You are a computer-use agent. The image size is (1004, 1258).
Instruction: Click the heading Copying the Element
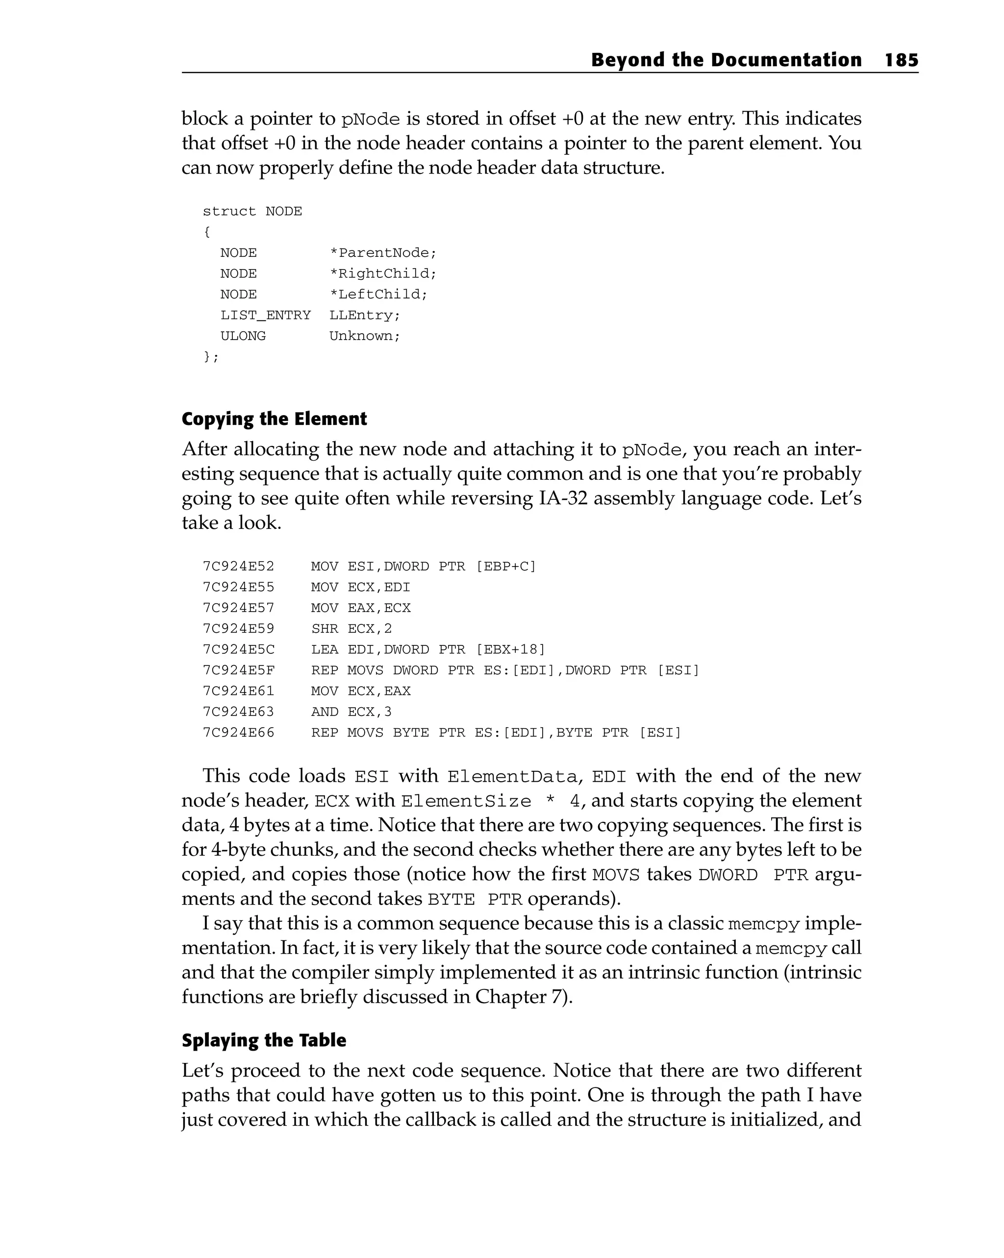click(x=275, y=419)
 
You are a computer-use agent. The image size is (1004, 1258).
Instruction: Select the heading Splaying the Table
click(x=264, y=1040)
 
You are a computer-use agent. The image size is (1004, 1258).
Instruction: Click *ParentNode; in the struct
click(x=383, y=253)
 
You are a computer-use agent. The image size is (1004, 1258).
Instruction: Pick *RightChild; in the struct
click(x=383, y=273)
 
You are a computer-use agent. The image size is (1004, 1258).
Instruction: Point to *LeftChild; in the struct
click(x=378, y=294)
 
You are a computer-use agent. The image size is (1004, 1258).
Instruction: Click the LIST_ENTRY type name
click(x=266, y=315)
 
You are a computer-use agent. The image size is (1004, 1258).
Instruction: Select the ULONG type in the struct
click(x=243, y=336)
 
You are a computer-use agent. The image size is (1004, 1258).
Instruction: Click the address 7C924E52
click(x=238, y=566)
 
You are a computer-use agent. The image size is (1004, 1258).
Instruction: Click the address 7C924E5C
click(x=238, y=649)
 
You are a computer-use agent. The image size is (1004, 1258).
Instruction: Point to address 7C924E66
click(x=238, y=732)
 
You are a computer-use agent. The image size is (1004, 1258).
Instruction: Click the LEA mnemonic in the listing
click(x=325, y=649)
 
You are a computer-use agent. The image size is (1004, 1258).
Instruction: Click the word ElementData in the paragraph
click(x=512, y=777)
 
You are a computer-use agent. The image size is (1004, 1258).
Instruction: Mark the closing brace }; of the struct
click(x=211, y=356)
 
